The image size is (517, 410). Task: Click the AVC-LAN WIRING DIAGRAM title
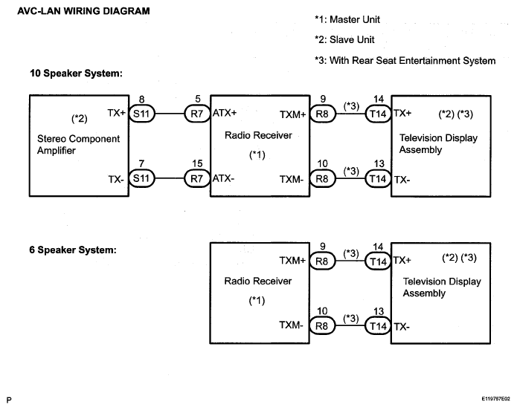click(83, 11)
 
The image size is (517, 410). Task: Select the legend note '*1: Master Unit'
click(347, 19)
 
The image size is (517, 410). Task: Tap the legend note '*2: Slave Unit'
click(344, 40)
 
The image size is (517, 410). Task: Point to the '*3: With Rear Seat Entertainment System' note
click(405, 61)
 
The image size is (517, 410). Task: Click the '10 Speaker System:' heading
click(76, 73)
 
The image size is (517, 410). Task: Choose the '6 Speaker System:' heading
click(73, 250)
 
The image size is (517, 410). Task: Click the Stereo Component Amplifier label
click(78, 145)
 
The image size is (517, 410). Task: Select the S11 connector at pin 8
click(142, 114)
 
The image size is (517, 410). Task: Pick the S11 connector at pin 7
click(142, 178)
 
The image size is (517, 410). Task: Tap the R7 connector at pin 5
click(197, 114)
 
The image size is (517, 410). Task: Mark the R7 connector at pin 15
click(197, 178)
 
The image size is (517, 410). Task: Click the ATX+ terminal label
click(225, 113)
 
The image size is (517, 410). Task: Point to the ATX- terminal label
click(223, 178)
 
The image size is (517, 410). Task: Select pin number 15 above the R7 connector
click(197, 163)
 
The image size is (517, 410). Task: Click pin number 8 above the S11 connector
click(142, 99)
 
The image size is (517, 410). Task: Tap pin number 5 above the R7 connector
click(198, 99)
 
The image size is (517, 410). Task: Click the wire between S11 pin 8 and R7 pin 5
click(170, 114)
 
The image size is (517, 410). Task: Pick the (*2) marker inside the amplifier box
click(80, 119)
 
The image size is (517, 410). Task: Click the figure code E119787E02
click(496, 399)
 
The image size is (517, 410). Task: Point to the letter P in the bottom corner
click(9, 400)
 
